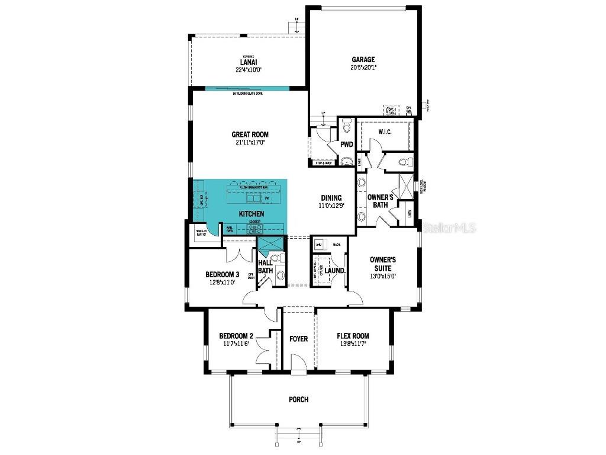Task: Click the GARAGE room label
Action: point(363,59)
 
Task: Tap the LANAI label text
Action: point(248,62)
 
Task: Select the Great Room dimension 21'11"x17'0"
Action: point(250,143)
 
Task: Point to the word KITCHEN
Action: point(251,213)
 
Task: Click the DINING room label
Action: point(331,198)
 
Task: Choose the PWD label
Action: point(347,144)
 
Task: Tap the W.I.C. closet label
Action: point(385,132)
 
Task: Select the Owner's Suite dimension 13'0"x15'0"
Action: point(382,275)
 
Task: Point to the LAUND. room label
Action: point(335,271)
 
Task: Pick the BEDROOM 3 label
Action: point(222,274)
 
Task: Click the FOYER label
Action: point(298,339)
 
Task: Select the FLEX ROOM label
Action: point(353,336)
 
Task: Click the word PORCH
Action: point(298,400)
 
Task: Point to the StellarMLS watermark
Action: point(450,227)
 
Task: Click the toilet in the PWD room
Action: point(347,126)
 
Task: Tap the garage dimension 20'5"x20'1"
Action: point(363,68)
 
